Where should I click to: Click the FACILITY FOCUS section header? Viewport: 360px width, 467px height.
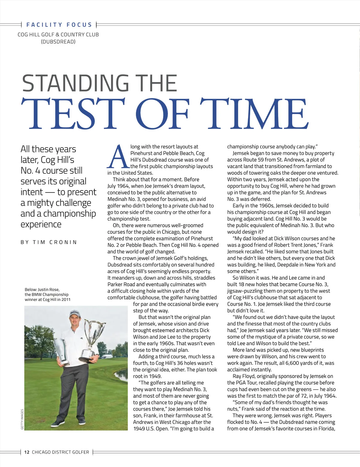(x=59, y=25)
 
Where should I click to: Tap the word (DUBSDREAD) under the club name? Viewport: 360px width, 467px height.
(x=58, y=42)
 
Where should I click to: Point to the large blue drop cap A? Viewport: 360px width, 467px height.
(x=118, y=156)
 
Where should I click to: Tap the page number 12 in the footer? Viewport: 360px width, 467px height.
(x=27, y=452)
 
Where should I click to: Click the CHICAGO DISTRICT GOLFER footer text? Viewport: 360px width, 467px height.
(x=61, y=452)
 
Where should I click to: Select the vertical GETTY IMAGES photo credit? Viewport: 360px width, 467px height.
(x=22, y=419)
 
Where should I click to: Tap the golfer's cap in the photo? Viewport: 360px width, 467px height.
(x=74, y=314)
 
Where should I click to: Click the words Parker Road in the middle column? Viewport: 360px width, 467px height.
(x=121, y=284)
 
